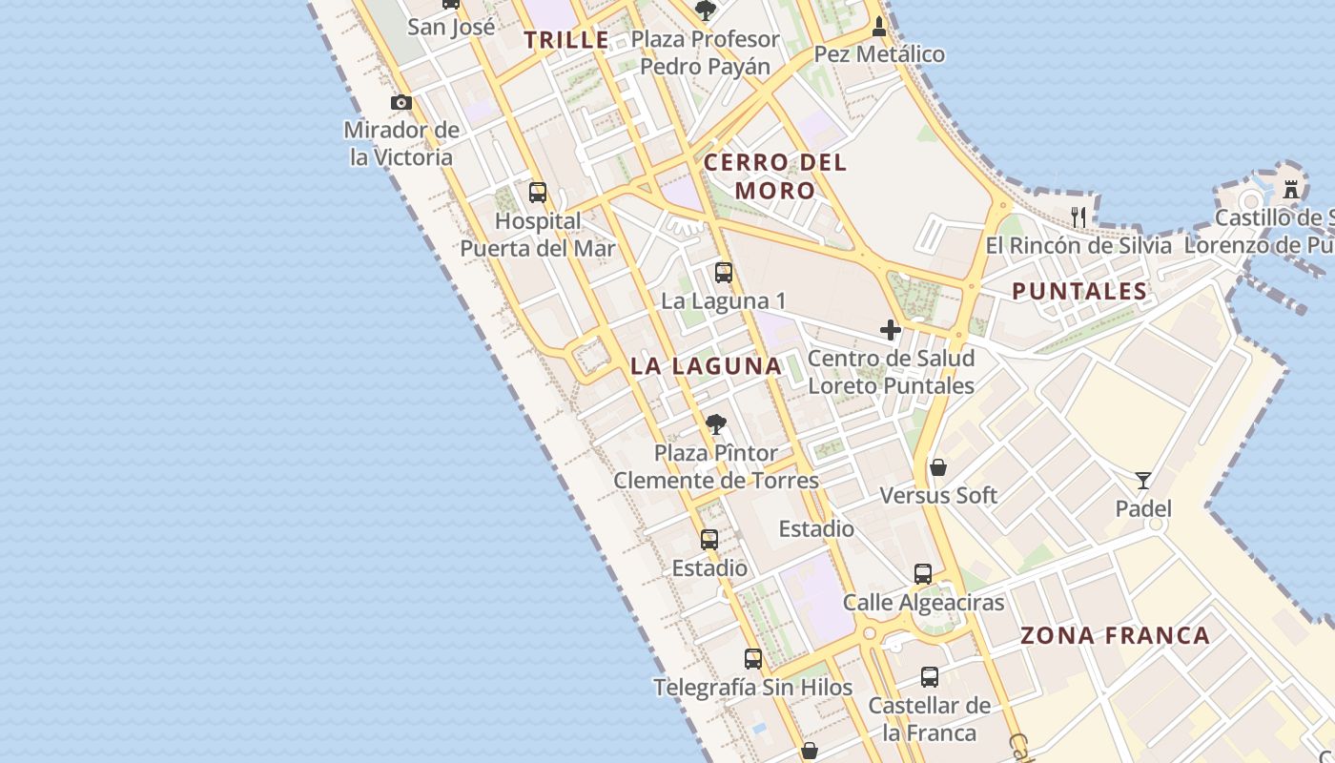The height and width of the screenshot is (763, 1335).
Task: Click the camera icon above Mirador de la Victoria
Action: point(401,102)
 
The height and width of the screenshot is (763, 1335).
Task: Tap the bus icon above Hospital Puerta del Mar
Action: point(538,193)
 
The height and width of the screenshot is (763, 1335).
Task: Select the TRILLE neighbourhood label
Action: point(566,40)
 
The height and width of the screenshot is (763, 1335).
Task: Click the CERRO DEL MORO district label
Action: point(774,176)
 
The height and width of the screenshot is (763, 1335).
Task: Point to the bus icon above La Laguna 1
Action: point(724,273)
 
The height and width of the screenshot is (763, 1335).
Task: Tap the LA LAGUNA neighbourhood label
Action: point(706,365)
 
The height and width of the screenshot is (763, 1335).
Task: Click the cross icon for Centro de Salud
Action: point(891,330)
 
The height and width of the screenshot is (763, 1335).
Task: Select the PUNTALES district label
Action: point(1079,292)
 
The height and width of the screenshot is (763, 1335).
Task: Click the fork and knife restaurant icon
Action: point(1078,217)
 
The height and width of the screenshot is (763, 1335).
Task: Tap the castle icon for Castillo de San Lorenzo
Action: point(1291,189)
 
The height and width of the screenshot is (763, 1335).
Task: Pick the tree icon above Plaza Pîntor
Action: point(715,424)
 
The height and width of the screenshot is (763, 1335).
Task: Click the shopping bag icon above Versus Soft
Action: point(938,466)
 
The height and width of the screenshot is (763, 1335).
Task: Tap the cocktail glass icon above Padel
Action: point(1143,480)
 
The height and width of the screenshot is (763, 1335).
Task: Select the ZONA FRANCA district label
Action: point(1115,635)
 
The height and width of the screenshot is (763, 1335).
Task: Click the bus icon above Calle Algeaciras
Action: point(923,573)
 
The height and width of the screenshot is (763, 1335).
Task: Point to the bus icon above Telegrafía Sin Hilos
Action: point(753,658)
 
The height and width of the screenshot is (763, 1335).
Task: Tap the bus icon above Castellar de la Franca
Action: point(930,677)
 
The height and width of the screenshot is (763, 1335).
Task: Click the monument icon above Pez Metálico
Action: point(879,26)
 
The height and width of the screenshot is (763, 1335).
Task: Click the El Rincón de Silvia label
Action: point(1078,245)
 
